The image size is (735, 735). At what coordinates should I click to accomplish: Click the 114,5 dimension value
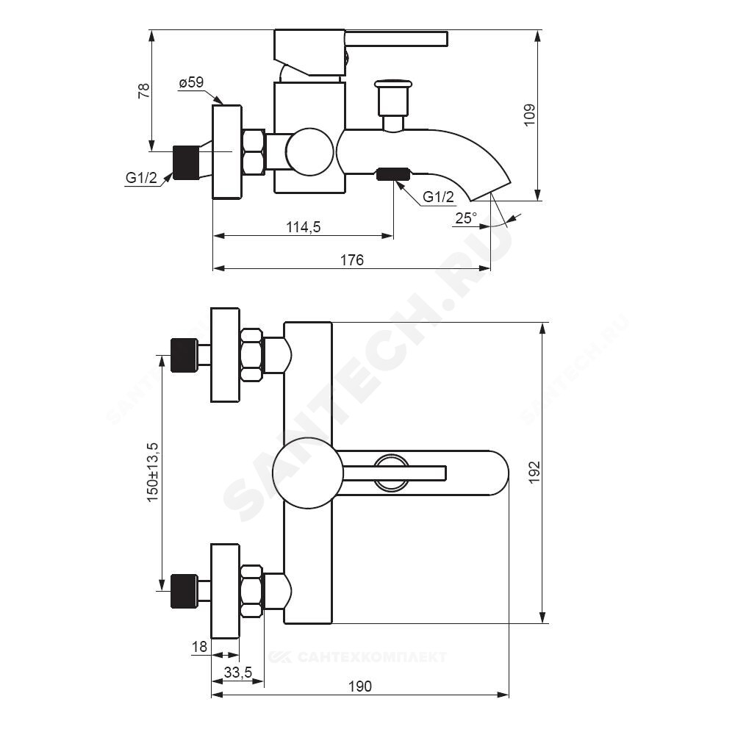coord(304,227)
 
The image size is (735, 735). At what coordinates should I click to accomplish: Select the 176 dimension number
coord(351,260)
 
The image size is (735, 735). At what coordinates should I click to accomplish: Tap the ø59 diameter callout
coord(191,82)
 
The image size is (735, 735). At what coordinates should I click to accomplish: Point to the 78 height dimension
coord(144,90)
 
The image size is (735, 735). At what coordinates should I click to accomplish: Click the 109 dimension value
coord(529,115)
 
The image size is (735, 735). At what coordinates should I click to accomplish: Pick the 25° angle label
coord(466,218)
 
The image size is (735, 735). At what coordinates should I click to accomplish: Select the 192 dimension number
coord(534,473)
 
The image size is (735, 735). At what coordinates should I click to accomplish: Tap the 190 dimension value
coord(360,686)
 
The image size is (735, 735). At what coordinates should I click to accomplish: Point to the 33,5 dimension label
coord(237,673)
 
